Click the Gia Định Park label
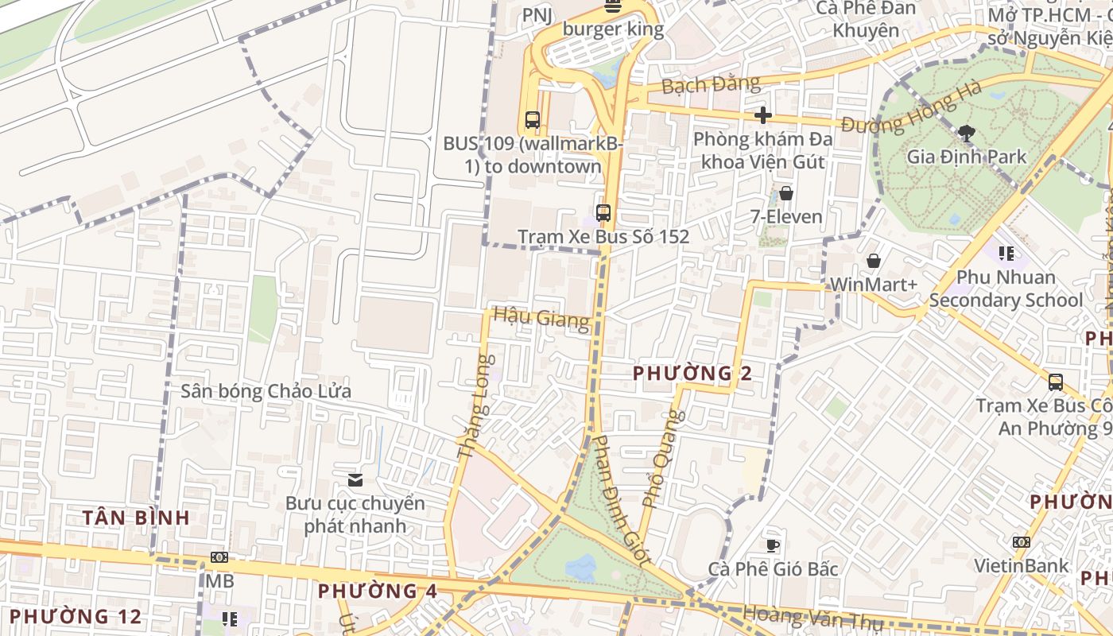(967, 157)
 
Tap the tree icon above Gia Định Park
(967, 133)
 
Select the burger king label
(612, 29)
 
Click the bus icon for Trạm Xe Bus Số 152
(603, 213)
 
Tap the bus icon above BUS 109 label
(533, 120)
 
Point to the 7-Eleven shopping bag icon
(786, 193)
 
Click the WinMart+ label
(873, 285)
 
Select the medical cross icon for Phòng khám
(763, 116)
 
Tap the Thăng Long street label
(475, 406)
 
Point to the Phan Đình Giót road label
(622, 501)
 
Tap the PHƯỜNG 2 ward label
(692, 373)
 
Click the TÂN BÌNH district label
(136, 518)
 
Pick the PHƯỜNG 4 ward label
(378, 591)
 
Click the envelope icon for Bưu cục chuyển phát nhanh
(355, 479)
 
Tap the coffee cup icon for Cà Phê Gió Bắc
(773, 545)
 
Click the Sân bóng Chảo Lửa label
(266, 391)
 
